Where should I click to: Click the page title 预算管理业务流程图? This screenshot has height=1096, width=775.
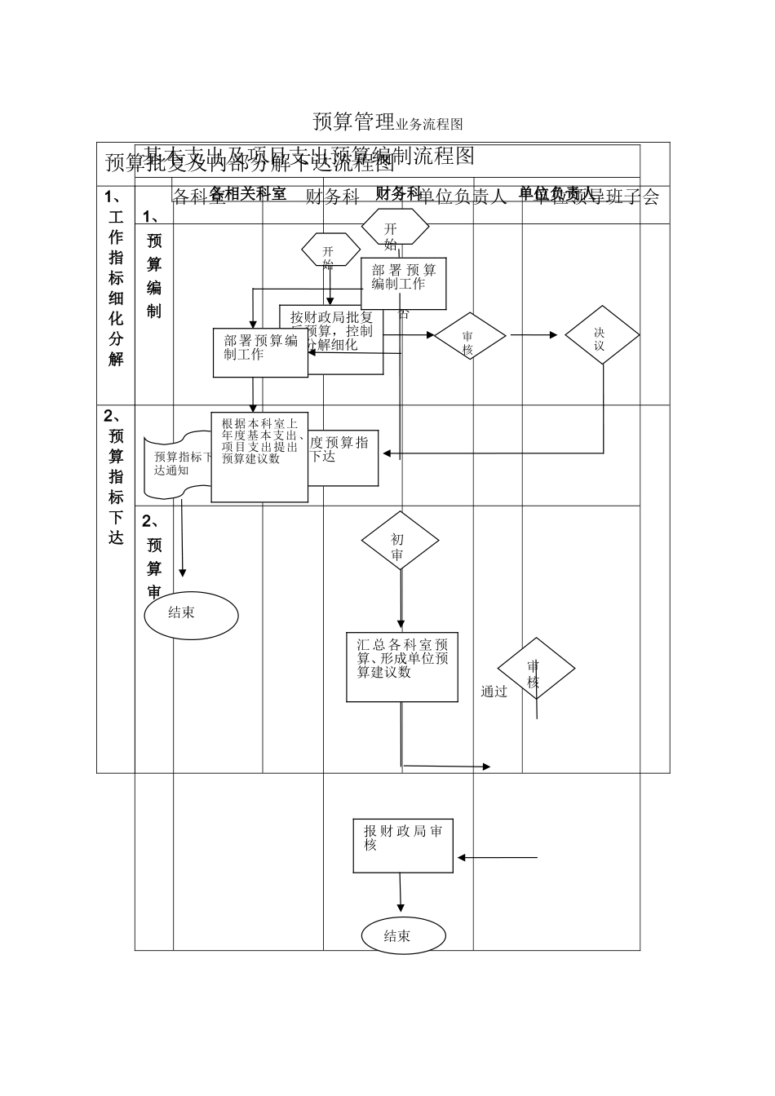coord(387,122)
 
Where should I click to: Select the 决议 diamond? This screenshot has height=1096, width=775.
coord(601,334)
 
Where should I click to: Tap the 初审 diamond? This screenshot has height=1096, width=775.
coord(400,541)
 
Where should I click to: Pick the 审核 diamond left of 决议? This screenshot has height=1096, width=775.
coord(469,335)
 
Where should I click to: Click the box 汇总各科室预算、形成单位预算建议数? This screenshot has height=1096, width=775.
coord(402,666)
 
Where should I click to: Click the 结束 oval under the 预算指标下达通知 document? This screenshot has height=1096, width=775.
coord(191,615)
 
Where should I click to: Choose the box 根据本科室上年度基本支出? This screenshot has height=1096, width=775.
coord(259,457)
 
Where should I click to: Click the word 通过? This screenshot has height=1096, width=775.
coord(494,692)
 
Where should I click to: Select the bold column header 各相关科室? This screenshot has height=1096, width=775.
coord(248,192)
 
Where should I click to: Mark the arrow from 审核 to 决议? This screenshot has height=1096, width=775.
coord(535,334)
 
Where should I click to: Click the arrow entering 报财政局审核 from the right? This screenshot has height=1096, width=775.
coord(498,857)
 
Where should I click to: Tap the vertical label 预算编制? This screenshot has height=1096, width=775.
coord(154,276)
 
